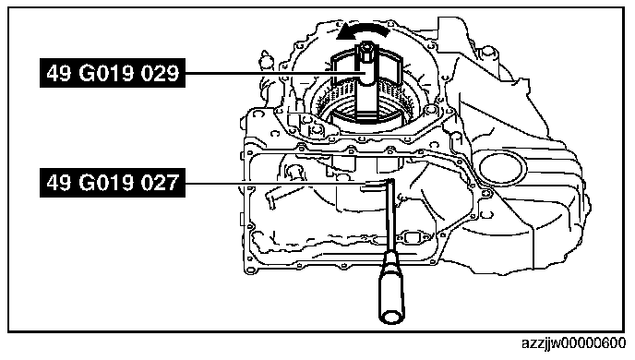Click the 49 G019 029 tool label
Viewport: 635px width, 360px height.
113,73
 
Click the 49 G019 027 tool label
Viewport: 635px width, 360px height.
113,183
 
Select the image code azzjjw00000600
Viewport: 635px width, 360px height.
573,343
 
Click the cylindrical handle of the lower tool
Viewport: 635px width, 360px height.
390,287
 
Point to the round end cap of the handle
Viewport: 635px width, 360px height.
392,317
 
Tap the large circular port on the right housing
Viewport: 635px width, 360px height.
500,168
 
